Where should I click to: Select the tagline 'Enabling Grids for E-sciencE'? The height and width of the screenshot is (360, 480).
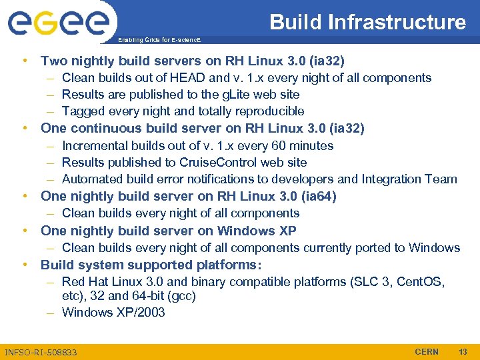tap(157, 40)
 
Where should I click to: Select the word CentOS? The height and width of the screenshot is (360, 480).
tap(421, 281)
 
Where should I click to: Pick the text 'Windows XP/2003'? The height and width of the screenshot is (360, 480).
tap(113, 312)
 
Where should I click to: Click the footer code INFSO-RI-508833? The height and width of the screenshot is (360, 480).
tap(41, 352)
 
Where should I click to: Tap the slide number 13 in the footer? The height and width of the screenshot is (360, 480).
tap(463, 351)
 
